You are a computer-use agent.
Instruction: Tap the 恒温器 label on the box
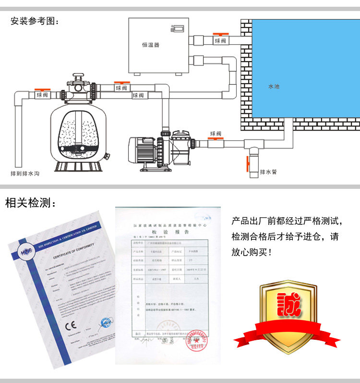pos(150,45)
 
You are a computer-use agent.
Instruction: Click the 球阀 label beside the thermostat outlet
pos(220,41)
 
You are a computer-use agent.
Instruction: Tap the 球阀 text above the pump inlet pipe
pos(216,134)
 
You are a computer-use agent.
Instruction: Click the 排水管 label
pos(268,172)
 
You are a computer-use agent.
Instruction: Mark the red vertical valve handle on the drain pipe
pos(248,165)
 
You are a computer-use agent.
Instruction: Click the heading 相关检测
pos(30,203)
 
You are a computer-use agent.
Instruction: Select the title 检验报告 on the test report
pos(166,231)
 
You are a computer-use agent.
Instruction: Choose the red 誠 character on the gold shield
pos(287,306)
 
